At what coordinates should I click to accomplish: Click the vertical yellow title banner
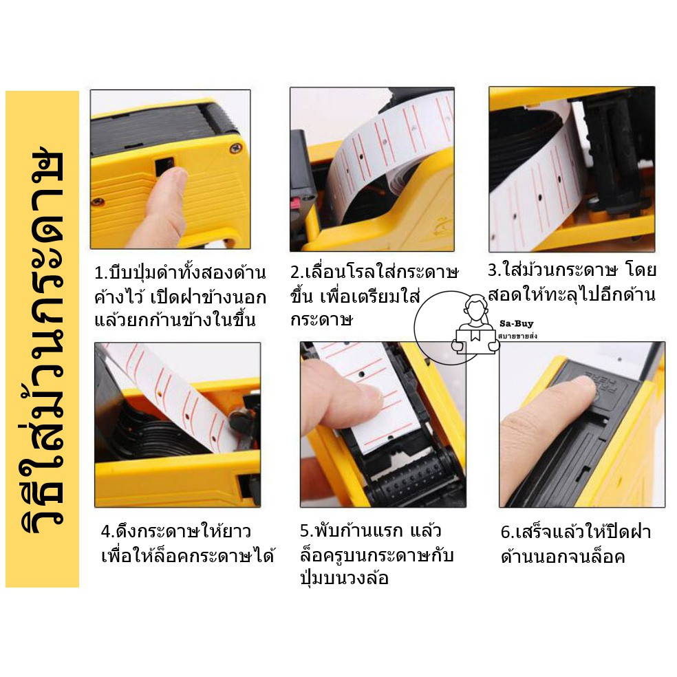pos(43,339)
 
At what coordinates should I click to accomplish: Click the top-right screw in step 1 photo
pos(236,148)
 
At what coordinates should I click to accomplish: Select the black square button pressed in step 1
pos(164,166)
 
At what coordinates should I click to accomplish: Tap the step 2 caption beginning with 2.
pos(374,296)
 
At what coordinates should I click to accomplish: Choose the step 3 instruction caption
pos(572,282)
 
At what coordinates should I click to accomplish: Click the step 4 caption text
pos(188,544)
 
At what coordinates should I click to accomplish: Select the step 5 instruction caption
pos(376,555)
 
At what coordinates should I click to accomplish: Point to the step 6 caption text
pos(576,544)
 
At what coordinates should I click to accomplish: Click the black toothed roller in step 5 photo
pos(410,480)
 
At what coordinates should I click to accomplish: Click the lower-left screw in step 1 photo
pos(99,202)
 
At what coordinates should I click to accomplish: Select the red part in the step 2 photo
pos(298,203)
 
